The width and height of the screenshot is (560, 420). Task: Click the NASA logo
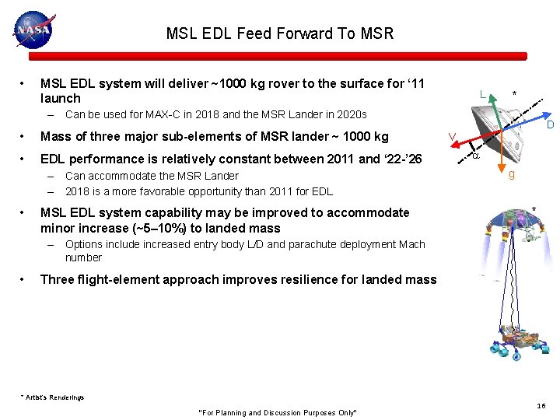point(33,30)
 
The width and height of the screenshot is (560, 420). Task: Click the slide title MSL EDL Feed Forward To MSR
point(280,33)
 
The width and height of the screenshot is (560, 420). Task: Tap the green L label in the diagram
point(483,95)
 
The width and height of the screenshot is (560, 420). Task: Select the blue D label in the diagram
point(549,125)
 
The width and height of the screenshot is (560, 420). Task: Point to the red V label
point(451,138)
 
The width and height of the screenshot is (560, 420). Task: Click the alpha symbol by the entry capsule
point(476,156)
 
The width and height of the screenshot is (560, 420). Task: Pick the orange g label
point(511,175)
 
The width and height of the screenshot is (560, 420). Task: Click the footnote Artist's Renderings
point(52,397)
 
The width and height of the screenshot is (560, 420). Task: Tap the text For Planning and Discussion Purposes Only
point(278,412)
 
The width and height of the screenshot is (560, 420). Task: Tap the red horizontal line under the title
point(278,56)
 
